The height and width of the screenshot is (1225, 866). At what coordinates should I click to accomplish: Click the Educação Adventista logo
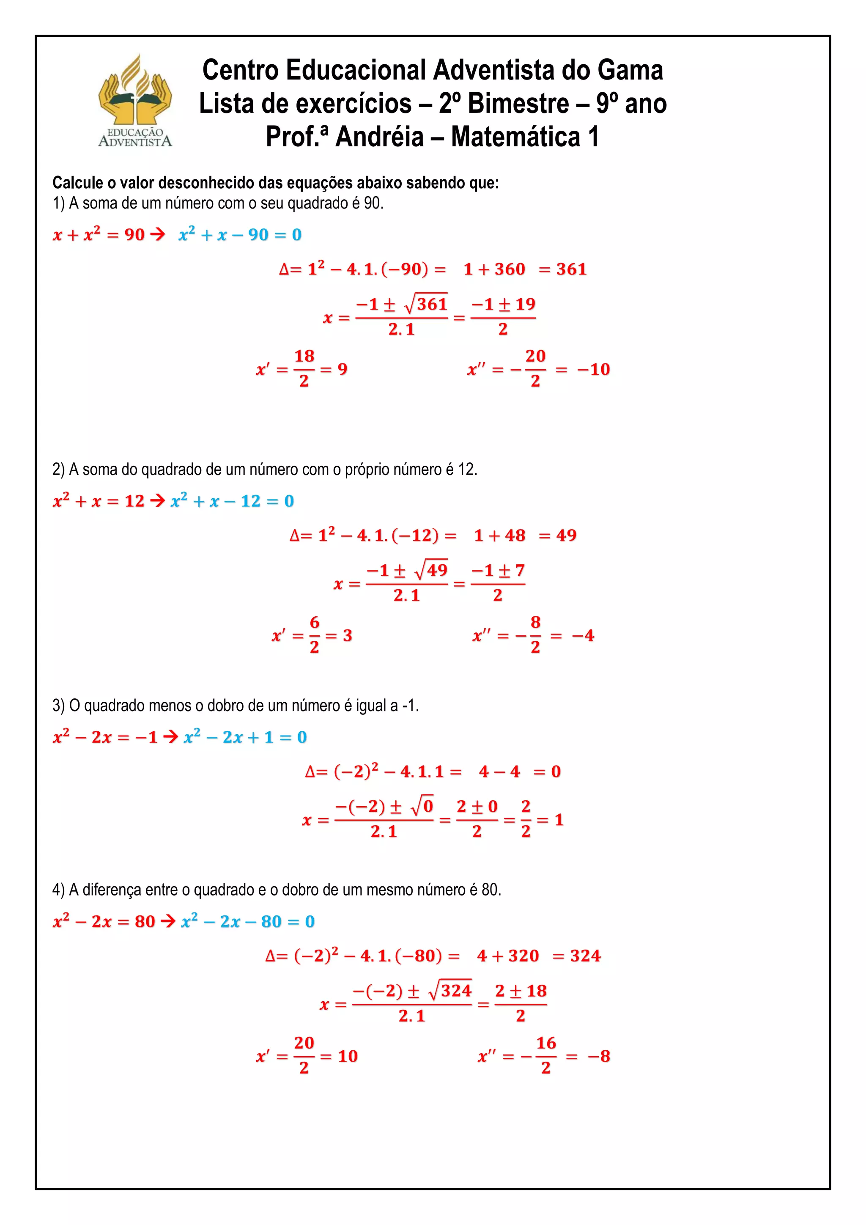135,102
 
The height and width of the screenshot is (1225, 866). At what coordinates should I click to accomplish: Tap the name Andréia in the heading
379,137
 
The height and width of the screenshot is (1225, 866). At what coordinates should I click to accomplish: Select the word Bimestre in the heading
518,104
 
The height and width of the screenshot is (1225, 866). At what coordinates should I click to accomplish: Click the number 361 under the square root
432,304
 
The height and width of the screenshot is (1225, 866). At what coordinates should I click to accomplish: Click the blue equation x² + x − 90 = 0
240,235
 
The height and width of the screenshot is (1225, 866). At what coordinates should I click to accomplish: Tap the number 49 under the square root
437,570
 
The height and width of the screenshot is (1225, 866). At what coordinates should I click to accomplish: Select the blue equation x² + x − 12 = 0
233,501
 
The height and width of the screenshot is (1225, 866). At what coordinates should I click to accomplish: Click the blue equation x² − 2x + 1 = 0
245,737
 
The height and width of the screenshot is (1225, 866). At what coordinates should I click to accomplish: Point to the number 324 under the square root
456,991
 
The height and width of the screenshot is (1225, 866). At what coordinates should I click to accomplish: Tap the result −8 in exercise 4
599,1056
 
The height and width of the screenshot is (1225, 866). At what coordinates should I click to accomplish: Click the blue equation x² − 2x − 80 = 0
248,921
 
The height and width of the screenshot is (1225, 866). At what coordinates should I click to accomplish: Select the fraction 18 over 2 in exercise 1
304,368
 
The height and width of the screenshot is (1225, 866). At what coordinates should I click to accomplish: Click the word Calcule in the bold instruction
77,183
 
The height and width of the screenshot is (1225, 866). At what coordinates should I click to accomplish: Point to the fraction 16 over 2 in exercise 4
545,1055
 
